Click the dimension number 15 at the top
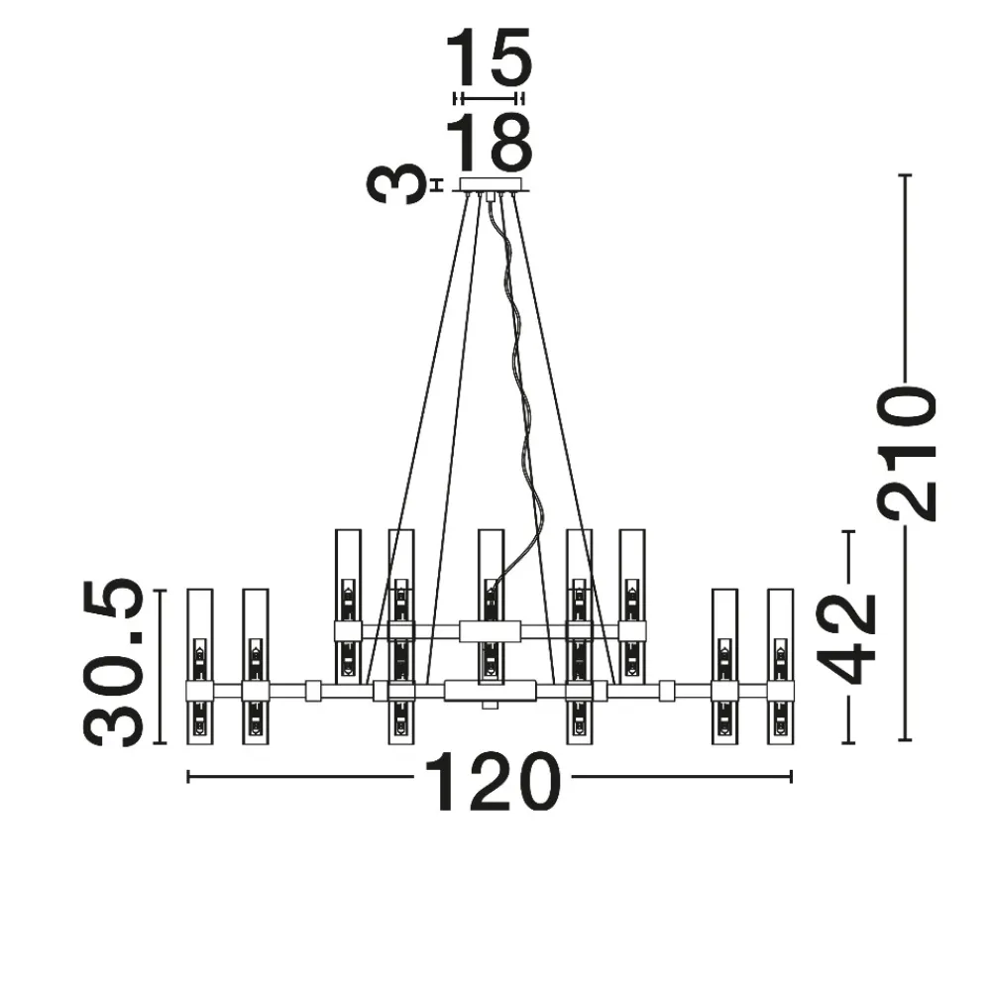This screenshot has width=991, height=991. coord(490,58)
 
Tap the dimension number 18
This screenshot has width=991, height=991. coord(490,144)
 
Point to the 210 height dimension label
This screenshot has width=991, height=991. coord(905,454)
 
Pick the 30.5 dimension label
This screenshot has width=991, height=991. coord(114,662)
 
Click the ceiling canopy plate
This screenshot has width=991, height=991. coord(493,184)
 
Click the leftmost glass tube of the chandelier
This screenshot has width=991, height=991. coord(200,667)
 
